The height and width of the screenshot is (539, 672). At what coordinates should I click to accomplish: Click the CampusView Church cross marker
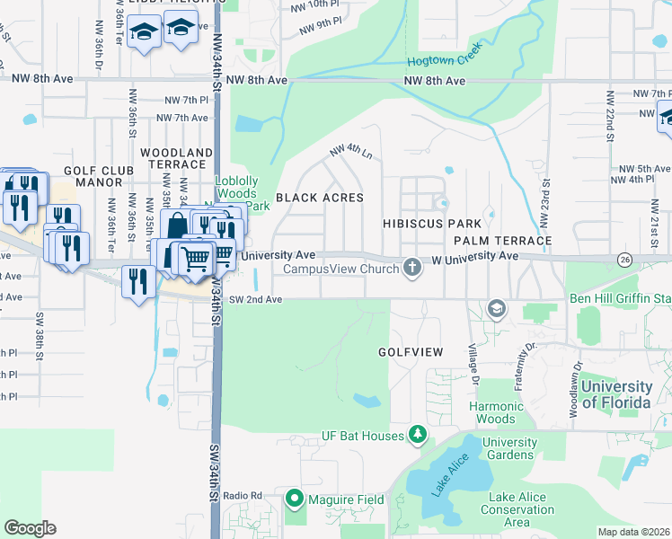coord(412,268)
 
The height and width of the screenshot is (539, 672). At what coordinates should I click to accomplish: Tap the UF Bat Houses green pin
coord(417,437)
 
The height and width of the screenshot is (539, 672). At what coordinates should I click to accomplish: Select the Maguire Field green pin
coord(294,499)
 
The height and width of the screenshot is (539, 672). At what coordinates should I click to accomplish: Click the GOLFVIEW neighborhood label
coord(411,352)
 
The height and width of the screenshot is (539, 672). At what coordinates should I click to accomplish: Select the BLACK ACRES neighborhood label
coord(319,198)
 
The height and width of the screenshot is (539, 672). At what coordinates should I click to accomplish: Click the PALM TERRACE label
coord(502,241)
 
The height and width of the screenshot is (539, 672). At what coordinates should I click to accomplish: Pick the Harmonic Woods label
coord(496,412)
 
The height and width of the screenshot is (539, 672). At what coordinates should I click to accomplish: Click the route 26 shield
coord(623,259)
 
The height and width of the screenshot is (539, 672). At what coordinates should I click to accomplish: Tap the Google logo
coord(30,528)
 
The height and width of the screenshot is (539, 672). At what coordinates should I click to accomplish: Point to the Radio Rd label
coord(243,495)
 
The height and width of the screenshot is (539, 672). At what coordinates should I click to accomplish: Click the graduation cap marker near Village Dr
coord(495,310)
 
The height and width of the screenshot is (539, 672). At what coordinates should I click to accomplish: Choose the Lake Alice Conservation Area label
coord(521,509)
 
